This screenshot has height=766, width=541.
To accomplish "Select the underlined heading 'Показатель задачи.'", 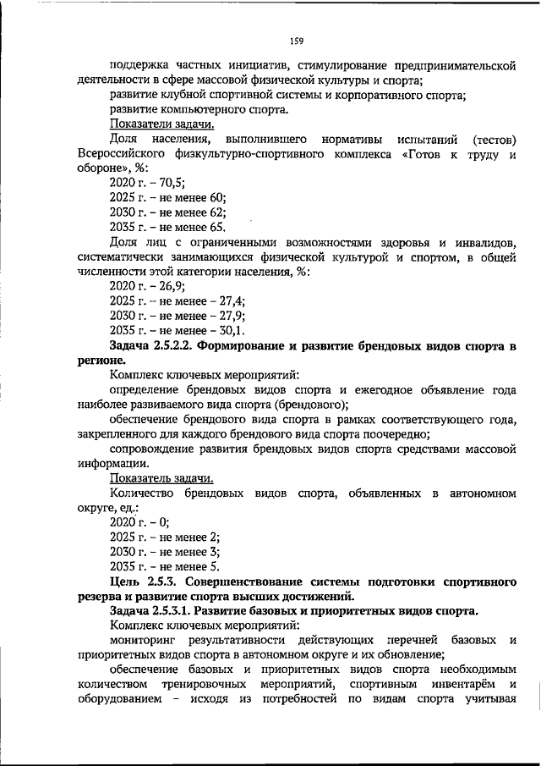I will [149, 478].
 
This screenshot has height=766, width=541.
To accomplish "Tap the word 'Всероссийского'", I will [118, 153].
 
